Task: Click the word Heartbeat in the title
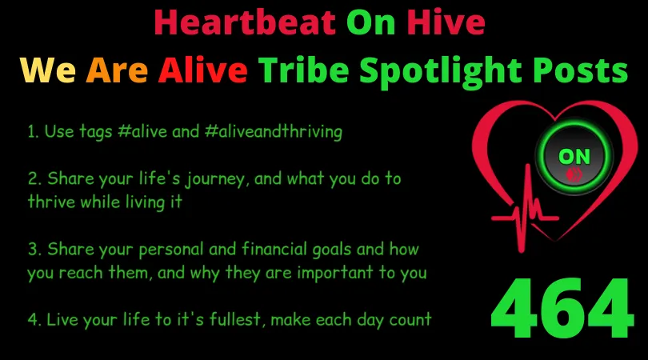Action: tap(245, 22)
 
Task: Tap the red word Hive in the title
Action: tap(446, 22)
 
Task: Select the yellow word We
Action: tap(48, 70)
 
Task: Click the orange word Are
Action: tap(117, 70)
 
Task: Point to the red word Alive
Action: tap(203, 70)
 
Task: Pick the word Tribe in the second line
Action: tap(304, 70)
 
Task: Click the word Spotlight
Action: tap(441, 72)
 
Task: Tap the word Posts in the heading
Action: tap(580, 70)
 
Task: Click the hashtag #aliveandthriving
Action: tap(273, 132)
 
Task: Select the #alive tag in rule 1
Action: tap(142, 132)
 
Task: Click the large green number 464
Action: tap(562, 308)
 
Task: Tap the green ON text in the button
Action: tap(574, 157)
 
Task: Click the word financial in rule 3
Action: tap(274, 250)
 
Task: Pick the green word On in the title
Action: tap(371, 22)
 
